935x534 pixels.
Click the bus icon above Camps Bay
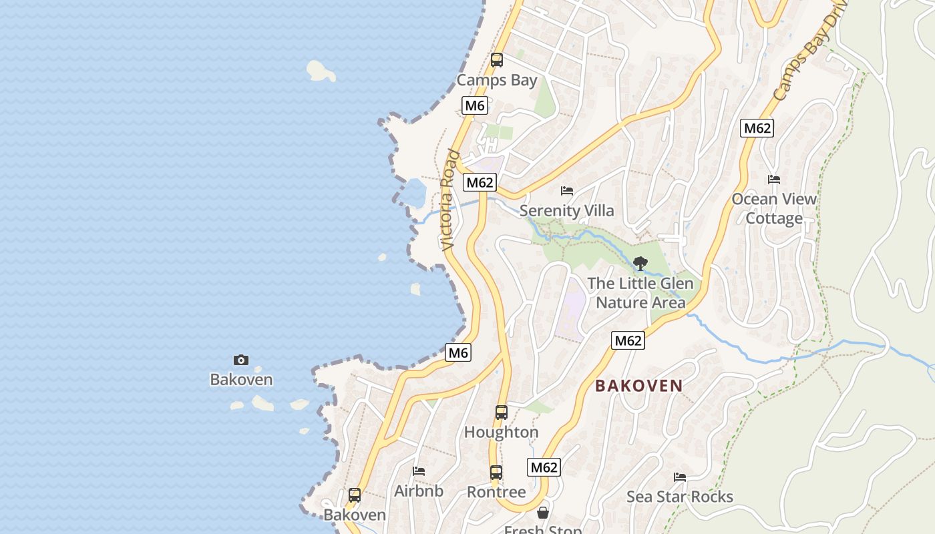(496, 60)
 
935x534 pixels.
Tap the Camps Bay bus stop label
(496, 80)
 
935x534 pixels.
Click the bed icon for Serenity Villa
(567, 191)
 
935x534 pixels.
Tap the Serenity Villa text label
(567, 211)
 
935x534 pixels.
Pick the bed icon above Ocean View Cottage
(774, 180)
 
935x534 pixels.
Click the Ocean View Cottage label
(774, 208)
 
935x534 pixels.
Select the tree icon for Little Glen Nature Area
(640, 264)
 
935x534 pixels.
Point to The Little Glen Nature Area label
(640, 293)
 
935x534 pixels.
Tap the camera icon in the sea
(241, 360)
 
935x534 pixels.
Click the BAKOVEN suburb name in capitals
(639, 386)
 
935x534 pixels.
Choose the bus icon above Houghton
(502, 413)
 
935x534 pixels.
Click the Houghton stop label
(502, 433)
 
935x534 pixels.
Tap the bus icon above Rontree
(496, 473)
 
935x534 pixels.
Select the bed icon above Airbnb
(419, 471)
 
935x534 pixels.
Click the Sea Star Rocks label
(680, 497)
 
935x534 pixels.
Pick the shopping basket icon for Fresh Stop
(543, 513)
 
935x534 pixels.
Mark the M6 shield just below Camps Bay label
(475, 105)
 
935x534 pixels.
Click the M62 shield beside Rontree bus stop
(544, 467)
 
